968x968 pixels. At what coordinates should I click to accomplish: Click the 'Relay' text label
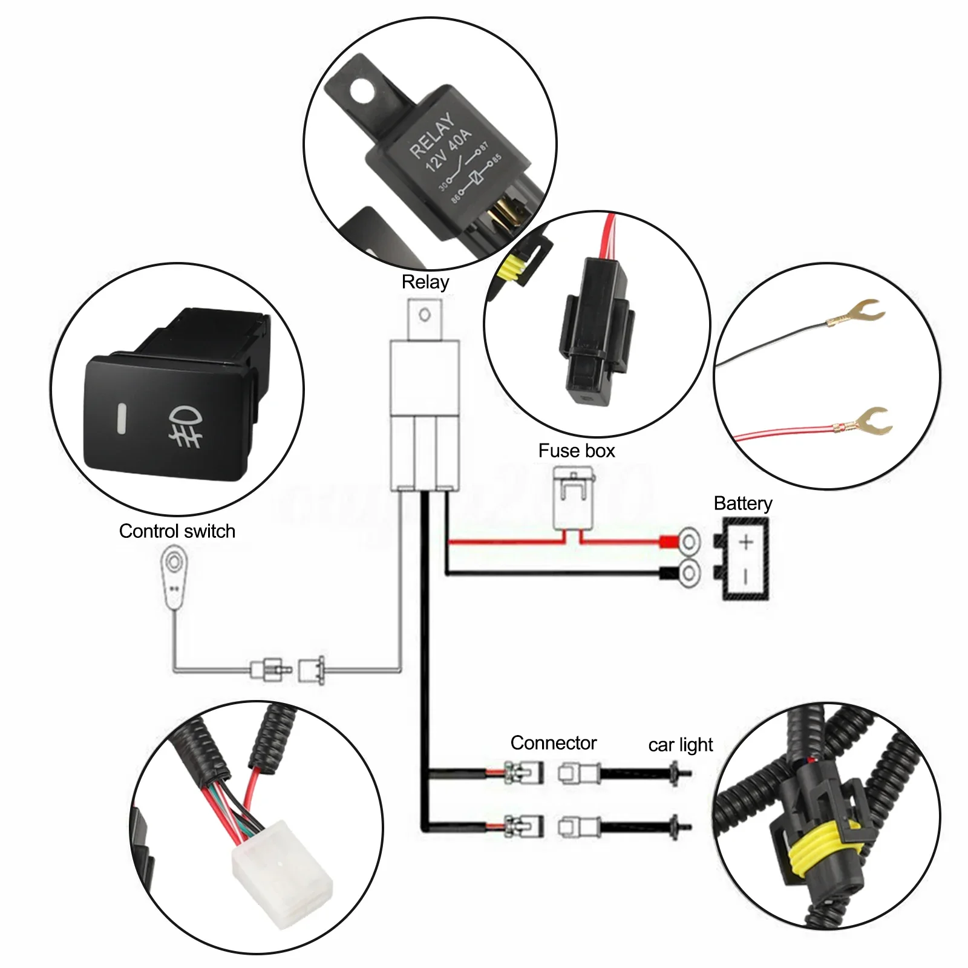tap(425, 282)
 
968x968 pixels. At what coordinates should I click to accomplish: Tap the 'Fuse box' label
tap(577, 451)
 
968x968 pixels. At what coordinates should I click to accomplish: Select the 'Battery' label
tap(743, 503)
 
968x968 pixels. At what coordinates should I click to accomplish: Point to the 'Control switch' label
tap(177, 531)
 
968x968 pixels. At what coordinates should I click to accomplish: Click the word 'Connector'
tap(554, 743)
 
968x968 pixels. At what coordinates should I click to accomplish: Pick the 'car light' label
tap(681, 745)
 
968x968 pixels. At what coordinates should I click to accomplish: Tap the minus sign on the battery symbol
tap(746, 577)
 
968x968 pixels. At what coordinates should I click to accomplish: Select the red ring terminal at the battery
tap(688, 541)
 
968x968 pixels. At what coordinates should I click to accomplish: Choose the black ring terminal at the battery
tap(688, 572)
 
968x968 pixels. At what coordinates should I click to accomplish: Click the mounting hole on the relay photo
tap(361, 92)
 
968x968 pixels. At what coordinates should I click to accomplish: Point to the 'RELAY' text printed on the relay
tap(431, 136)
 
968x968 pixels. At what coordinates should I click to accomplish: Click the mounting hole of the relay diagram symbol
tap(425, 315)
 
